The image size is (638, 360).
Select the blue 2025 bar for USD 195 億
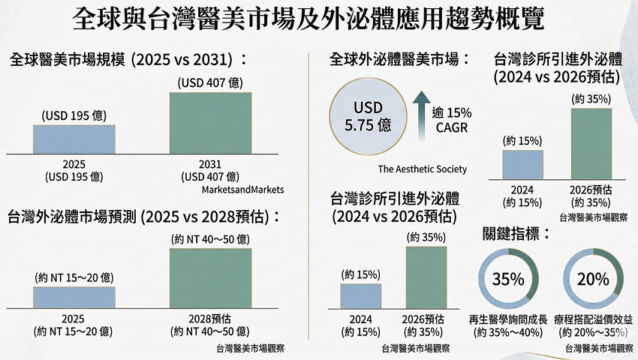click(x=74, y=139)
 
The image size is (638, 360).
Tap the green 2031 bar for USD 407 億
click(x=210, y=123)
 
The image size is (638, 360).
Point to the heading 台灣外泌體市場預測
click(x=143, y=217)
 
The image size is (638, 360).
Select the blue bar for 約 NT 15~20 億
click(x=74, y=297)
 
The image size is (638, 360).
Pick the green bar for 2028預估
click(x=210, y=277)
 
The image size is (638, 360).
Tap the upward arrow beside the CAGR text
click(x=420, y=117)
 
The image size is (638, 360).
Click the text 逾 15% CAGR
click(x=452, y=120)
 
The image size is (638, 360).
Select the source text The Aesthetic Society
click(x=423, y=169)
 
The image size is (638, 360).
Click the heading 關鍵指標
click(x=517, y=233)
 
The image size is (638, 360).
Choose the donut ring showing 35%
click(x=507, y=280)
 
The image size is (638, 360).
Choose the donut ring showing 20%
click(x=593, y=280)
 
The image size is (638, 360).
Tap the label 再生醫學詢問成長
click(x=507, y=319)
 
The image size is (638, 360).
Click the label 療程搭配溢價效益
click(x=593, y=319)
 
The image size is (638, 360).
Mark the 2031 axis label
click(x=210, y=164)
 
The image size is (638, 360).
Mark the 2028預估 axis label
click(x=210, y=319)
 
